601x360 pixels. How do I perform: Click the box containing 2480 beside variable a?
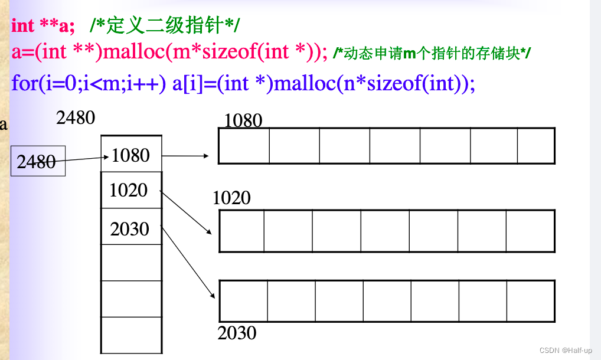tap(38, 161)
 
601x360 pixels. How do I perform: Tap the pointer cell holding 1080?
tap(131, 155)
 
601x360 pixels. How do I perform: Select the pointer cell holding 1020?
tap(131, 190)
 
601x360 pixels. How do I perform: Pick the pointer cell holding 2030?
tap(131, 228)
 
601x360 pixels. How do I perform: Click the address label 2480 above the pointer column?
tap(76, 117)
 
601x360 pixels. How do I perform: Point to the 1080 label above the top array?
tap(243, 121)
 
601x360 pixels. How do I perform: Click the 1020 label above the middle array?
tap(231, 198)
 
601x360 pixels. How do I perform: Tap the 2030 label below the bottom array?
tap(237, 333)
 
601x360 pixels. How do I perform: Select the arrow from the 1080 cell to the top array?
tap(185, 156)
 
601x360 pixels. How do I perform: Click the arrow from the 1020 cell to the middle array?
tap(187, 212)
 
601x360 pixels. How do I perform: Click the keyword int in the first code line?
tap(23, 26)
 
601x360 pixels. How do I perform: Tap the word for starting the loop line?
tap(24, 83)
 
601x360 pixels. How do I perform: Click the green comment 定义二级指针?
tap(165, 26)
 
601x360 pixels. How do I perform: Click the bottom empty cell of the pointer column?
tap(131, 335)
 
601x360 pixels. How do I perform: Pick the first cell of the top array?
tap(244, 146)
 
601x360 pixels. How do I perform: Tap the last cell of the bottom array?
tap(531, 300)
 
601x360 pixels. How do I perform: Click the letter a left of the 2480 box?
tap(4, 125)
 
